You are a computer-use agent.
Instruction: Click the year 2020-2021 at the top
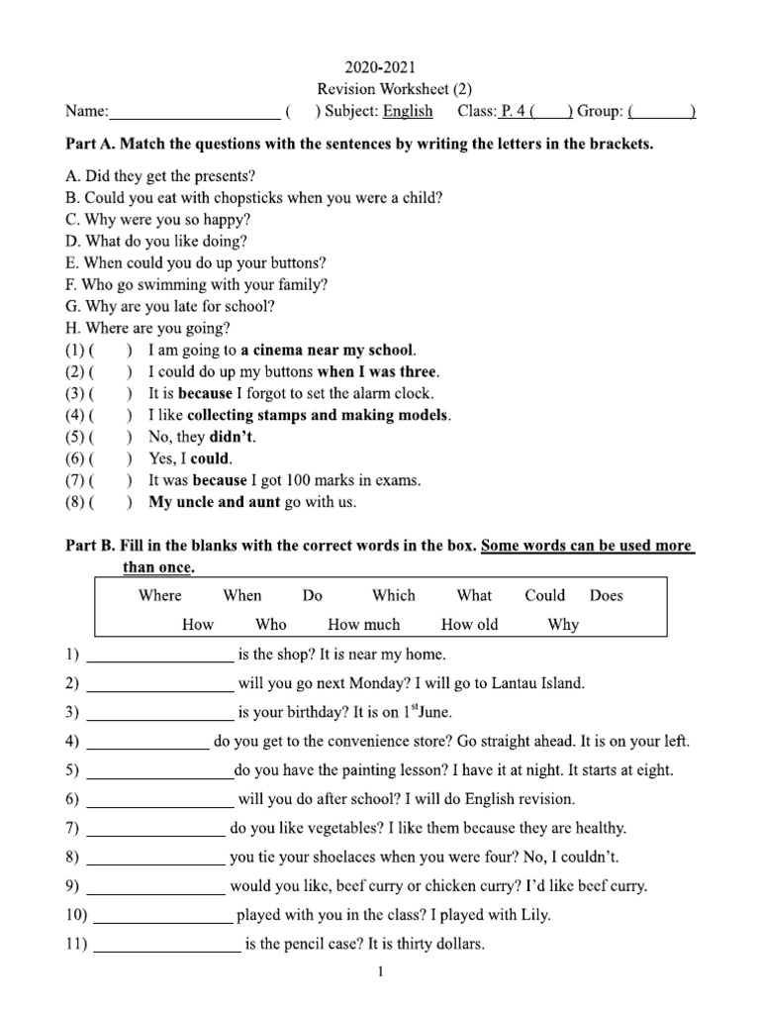coord(380,67)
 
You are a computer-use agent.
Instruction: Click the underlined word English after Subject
coord(408,111)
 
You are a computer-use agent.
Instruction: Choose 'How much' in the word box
coord(364,624)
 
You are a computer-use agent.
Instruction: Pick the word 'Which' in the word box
coord(394,595)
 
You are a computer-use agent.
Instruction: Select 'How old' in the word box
coord(469,624)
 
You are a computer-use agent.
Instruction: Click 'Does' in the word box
coord(608,595)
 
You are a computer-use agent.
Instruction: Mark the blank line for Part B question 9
coord(156,887)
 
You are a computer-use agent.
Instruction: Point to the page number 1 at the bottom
coord(380,973)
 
